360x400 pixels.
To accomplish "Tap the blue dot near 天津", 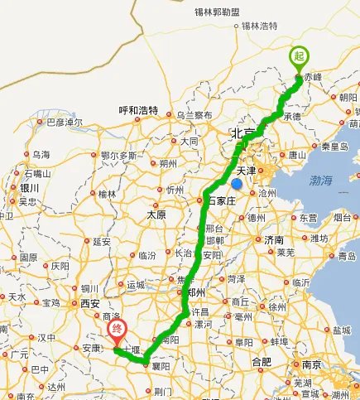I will click(x=237, y=184).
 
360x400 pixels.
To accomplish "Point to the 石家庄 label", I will click(x=222, y=199).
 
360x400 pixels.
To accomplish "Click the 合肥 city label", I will click(x=262, y=362).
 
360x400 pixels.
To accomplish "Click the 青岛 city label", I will click(x=348, y=256).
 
